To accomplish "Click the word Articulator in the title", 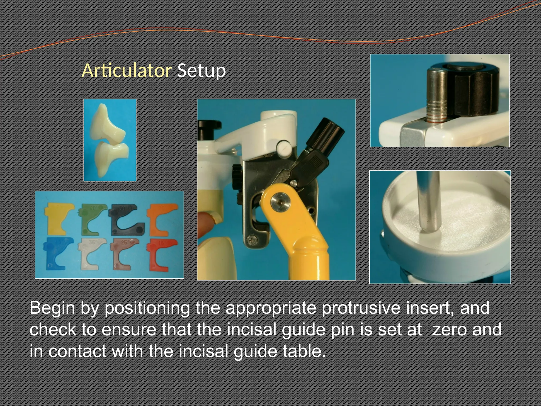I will click(127, 71).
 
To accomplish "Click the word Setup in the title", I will click(201, 71).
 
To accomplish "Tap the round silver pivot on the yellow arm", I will click(280, 202).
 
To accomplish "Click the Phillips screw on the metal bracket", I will click(250, 240).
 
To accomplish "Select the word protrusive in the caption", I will click(361, 308).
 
